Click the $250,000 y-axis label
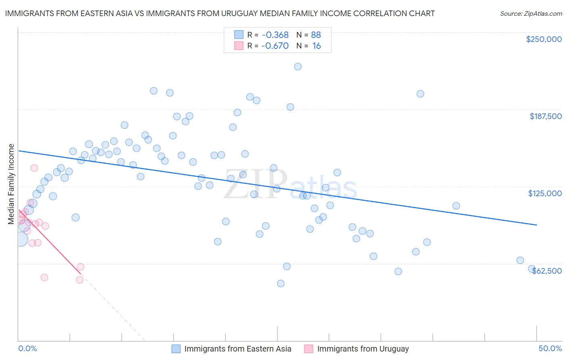(x=544, y=39)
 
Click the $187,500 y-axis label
(x=546, y=116)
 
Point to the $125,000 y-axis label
(x=545, y=193)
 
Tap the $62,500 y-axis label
(x=546, y=270)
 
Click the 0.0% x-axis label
(x=27, y=348)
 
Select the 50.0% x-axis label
(x=550, y=348)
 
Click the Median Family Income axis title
(x=11, y=184)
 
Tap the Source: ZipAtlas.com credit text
(x=531, y=13)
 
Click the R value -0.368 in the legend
(x=275, y=35)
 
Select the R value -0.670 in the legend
(x=275, y=46)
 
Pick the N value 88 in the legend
(x=316, y=35)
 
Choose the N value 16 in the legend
(x=317, y=46)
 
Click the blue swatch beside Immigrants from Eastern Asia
(x=176, y=349)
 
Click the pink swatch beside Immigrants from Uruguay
(x=309, y=349)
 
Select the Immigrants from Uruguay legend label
(x=363, y=349)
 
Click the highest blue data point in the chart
(x=298, y=67)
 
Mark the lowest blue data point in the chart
(x=281, y=283)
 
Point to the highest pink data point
(x=34, y=168)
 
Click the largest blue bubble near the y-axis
(x=21, y=239)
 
